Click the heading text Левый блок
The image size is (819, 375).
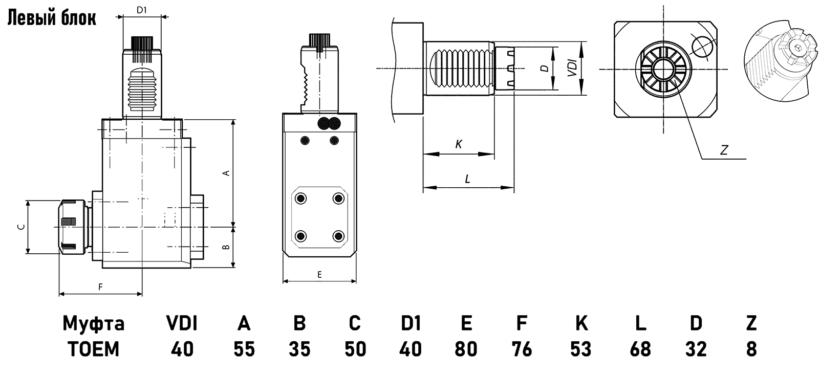[x=51, y=18]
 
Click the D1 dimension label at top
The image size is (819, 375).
[x=142, y=10]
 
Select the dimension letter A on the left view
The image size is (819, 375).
[x=226, y=173]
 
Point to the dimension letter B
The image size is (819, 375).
[x=226, y=247]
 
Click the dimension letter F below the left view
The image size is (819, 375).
[x=101, y=287]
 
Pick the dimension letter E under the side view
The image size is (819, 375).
[x=319, y=275]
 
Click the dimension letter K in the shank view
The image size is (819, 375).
[x=459, y=145]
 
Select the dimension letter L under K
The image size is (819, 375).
[x=467, y=179]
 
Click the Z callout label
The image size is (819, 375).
[x=724, y=150]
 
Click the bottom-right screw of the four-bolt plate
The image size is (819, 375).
[x=337, y=236]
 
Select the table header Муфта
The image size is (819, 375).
[x=94, y=323]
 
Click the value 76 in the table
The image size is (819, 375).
[x=522, y=349]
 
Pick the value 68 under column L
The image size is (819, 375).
[x=640, y=349]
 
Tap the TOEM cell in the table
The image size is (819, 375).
[x=94, y=349]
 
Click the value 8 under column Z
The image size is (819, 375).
[x=751, y=349]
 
